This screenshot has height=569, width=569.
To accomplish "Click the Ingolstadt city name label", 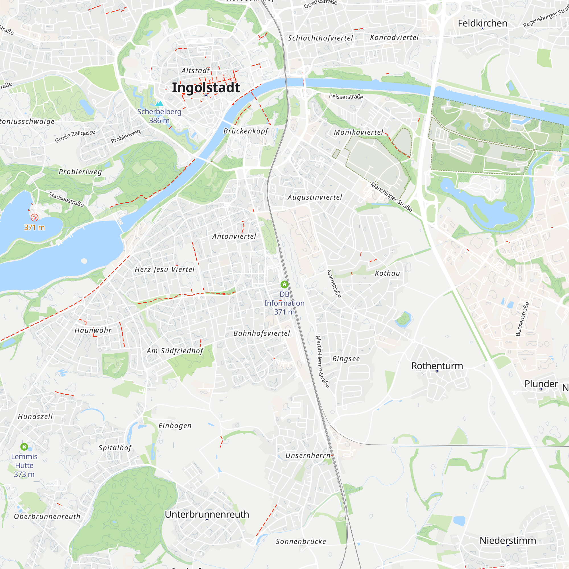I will (206, 87).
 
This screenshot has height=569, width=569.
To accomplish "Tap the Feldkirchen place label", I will (483, 23).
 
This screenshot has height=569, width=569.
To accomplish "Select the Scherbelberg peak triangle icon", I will (159, 103).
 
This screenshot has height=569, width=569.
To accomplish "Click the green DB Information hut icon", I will (284, 284).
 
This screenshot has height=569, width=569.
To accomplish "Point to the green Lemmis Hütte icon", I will (24, 447).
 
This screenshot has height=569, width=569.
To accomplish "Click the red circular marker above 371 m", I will (34, 218).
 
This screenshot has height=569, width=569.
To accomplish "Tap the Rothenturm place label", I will (437, 366).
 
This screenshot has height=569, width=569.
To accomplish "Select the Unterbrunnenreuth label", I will (207, 514).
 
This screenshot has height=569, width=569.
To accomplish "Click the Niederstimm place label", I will (508, 541).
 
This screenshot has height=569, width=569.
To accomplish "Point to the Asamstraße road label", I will (334, 283).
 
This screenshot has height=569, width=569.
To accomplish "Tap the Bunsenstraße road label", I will (522, 319).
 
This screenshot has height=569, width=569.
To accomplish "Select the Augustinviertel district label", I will (315, 197).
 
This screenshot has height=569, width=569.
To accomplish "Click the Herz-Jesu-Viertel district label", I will (165, 269).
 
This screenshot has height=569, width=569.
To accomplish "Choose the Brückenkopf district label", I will (246, 131).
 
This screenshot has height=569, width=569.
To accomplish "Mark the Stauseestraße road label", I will (66, 199).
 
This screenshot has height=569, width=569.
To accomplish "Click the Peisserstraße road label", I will (346, 96).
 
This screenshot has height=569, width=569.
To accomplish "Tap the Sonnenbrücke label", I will (301, 541).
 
